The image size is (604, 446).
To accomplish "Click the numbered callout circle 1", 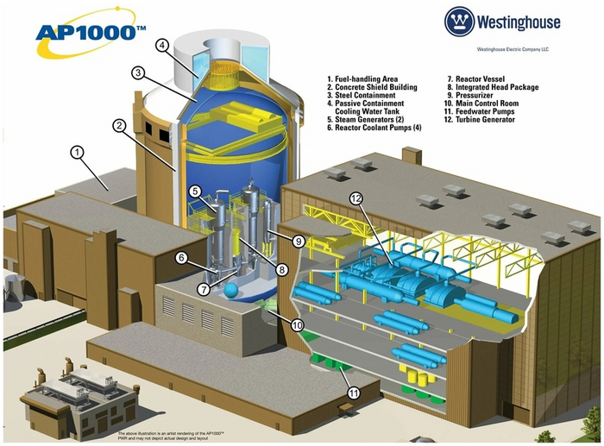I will [77, 154].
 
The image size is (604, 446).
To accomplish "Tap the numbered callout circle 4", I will [162, 45].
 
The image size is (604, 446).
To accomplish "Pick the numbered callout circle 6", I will [181, 257].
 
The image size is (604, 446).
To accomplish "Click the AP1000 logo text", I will [87, 32].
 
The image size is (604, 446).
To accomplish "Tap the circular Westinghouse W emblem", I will [460, 22].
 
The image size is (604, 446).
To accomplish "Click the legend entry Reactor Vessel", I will [469, 79].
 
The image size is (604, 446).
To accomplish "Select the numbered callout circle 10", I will [296, 325].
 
